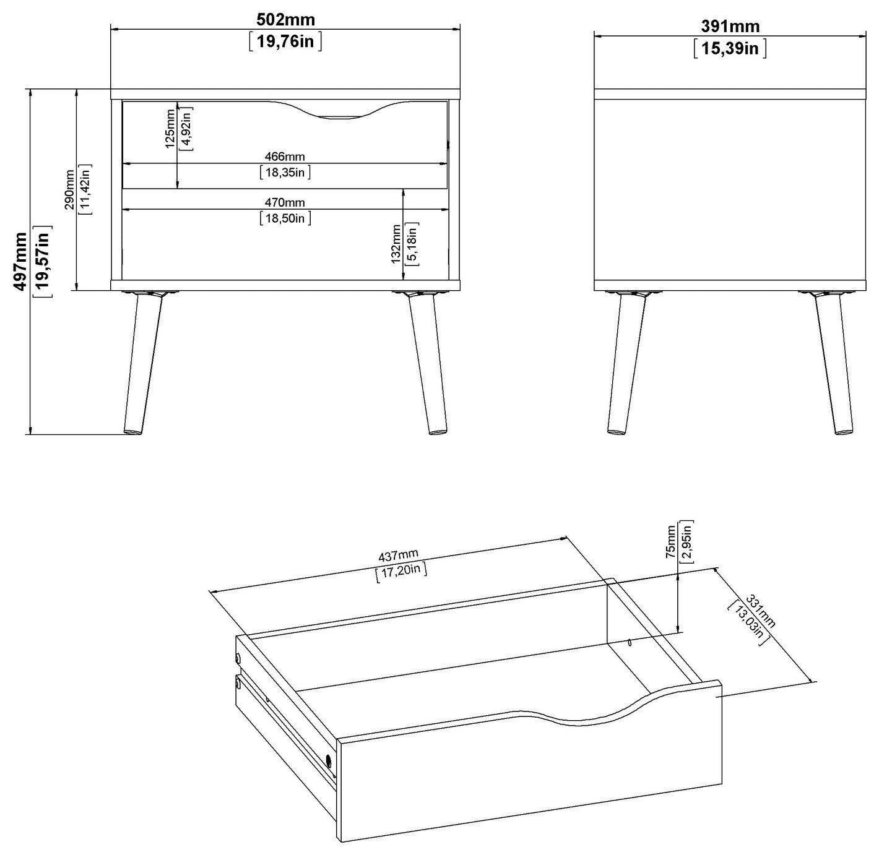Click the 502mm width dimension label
point(285,20)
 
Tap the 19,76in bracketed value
point(285,41)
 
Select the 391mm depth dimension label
point(730,27)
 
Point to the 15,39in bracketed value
point(730,48)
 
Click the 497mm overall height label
point(20,262)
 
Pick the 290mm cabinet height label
point(69,189)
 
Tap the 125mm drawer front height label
point(170,128)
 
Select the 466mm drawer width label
point(285,157)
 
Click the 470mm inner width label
point(285,203)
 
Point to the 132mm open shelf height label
point(396,244)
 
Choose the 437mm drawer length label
point(398,556)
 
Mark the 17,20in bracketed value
point(401,572)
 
